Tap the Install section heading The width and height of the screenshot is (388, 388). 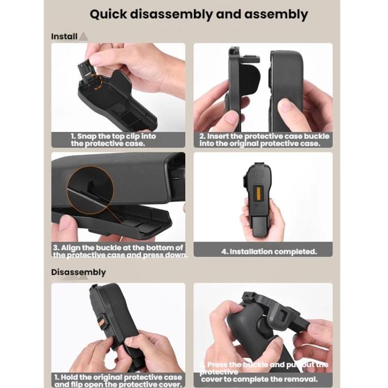[64, 37]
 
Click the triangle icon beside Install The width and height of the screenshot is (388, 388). [83, 36]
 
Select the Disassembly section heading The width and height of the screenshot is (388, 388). [78, 272]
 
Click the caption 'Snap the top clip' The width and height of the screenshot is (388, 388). [114, 140]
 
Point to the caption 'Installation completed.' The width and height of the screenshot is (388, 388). [269, 252]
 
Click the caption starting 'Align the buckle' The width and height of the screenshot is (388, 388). [119, 251]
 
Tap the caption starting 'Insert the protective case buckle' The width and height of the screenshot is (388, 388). [264, 140]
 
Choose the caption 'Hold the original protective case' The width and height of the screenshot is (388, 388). [118, 381]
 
